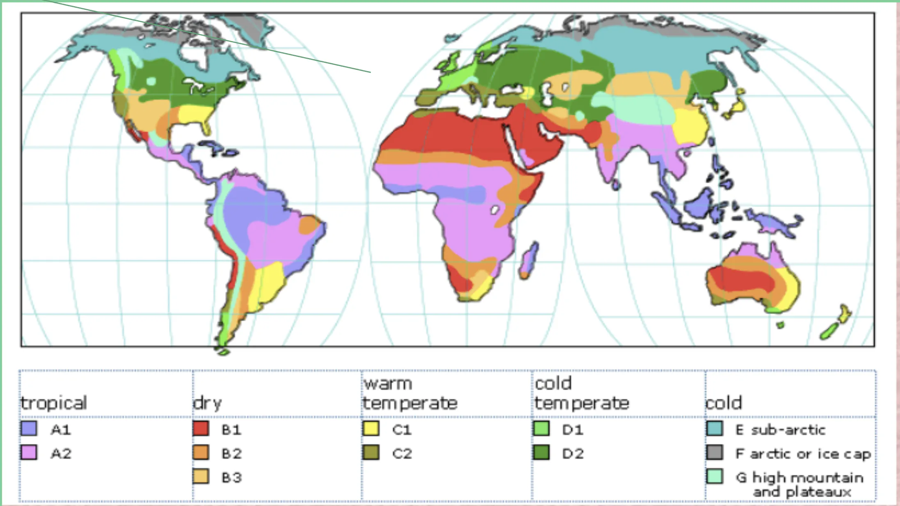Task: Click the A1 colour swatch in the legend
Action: click(x=29, y=428)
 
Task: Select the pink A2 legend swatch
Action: click(x=29, y=453)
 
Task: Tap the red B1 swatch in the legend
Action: click(x=201, y=428)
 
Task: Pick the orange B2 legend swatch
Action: click(x=201, y=453)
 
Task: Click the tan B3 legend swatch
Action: click(x=201, y=476)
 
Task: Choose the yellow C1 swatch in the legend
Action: click(x=371, y=428)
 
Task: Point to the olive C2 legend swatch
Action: click(x=371, y=453)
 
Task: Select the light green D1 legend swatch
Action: click(x=541, y=428)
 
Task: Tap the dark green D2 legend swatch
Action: click(x=541, y=453)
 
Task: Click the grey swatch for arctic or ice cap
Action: click(x=714, y=453)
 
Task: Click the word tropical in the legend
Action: click(x=54, y=403)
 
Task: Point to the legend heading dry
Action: click(x=207, y=403)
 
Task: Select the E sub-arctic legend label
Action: click(x=780, y=430)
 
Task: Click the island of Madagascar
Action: click(x=529, y=261)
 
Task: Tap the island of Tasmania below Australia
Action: click(x=780, y=325)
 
